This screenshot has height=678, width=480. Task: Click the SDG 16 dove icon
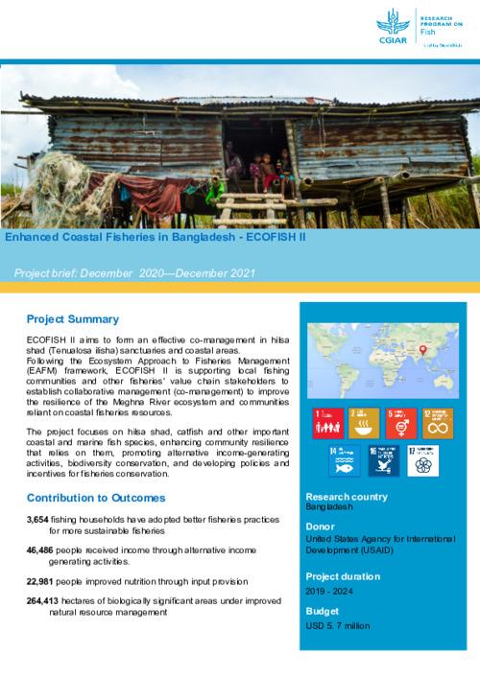pyautogui.click(x=384, y=459)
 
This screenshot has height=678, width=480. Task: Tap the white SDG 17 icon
pyautogui.click(x=421, y=459)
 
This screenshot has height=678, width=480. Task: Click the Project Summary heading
pyautogui.click(x=73, y=319)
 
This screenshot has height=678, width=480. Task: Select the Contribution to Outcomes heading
pyautogui.click(x=96, y=498)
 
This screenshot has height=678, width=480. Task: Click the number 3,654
pyautogui.click(x=42, y=519)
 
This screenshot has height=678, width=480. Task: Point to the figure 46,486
pyautogui.click(x=44, y=550)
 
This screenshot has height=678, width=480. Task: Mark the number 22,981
pyautogui.click(x=44, y=582)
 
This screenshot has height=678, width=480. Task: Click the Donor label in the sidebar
pyautogui.click(x=321, y=526)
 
